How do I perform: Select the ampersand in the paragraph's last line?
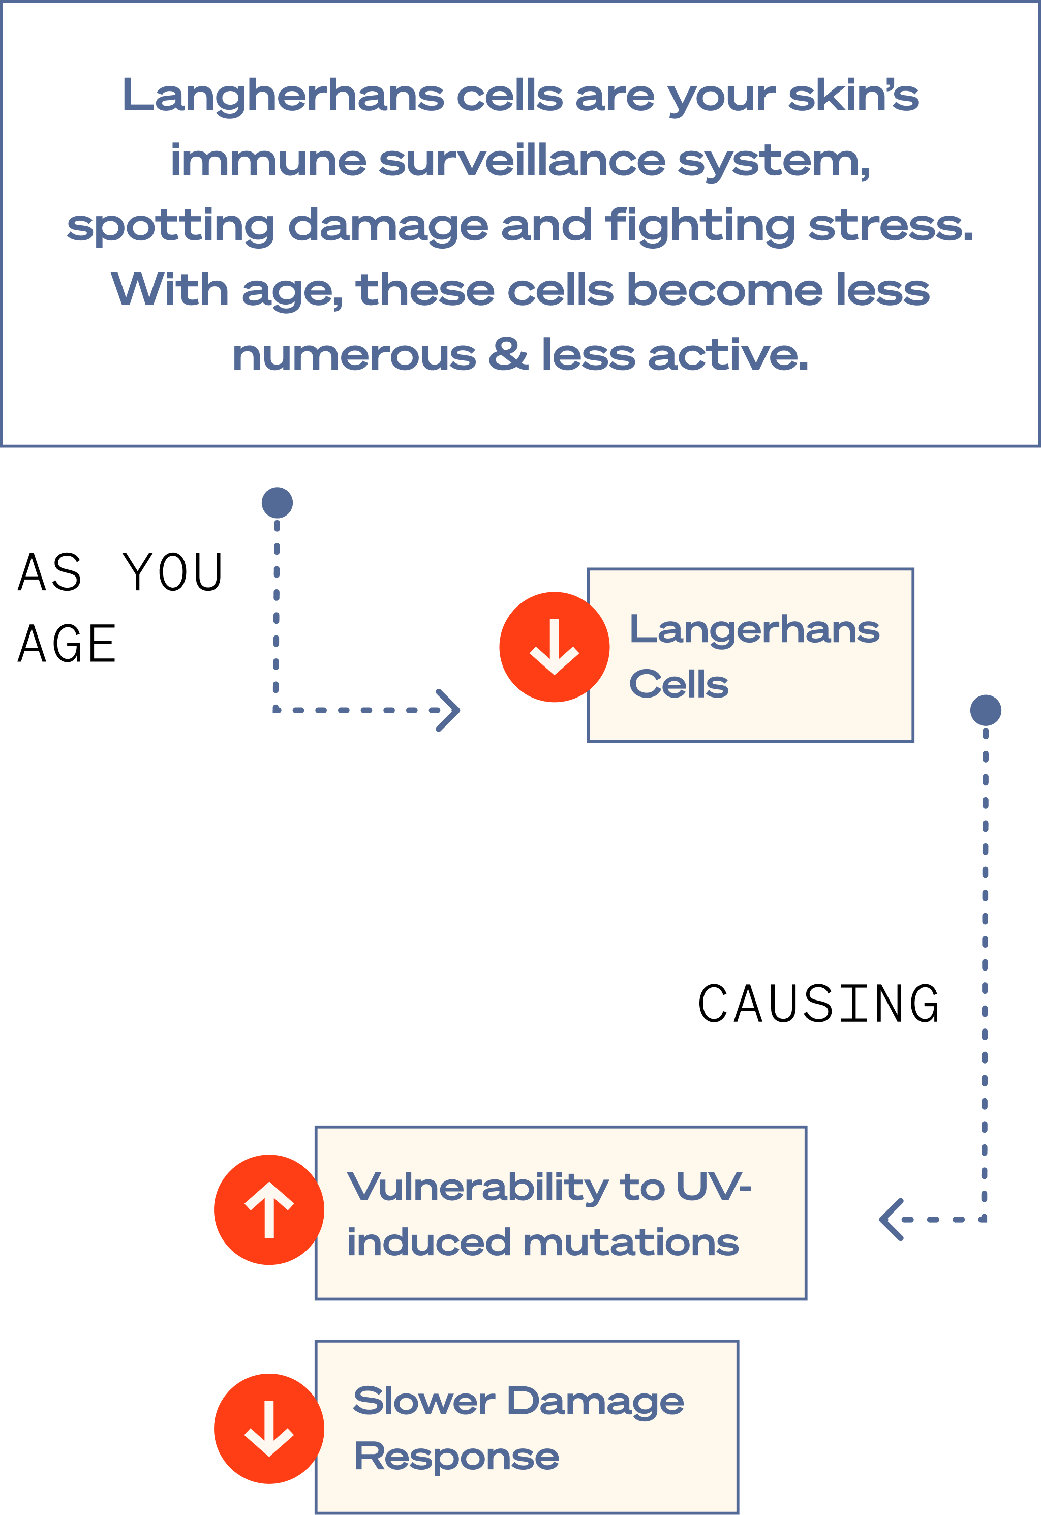click(x=508, y=355)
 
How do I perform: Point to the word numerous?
click(x=354, y=356)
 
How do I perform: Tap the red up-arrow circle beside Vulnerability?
click(x=269, y=1210)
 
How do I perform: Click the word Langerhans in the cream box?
click(x=754, y=630)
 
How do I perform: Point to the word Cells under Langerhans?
click(x=679, y=684)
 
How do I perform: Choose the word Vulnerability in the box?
click(x=477, y=1187)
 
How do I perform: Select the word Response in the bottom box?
click(x=456, y=1457)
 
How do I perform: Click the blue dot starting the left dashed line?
click(x=277, y=503)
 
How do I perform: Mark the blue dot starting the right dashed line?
click(x=986, y=710)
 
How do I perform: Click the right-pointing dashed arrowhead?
click(x=449, y=710)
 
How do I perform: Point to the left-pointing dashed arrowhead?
click(x=891, y=1219)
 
